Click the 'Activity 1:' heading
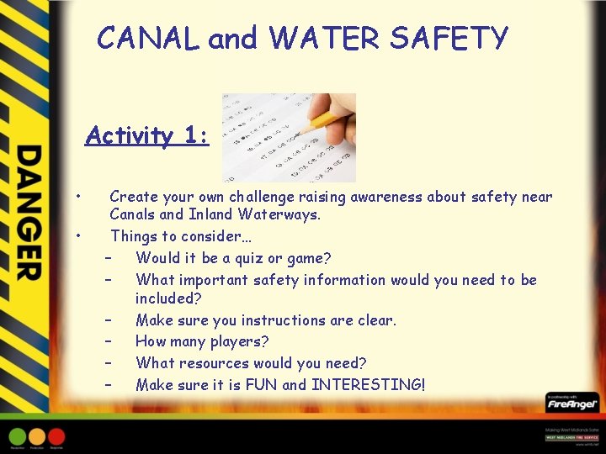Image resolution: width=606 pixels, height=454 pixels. pos(147,135)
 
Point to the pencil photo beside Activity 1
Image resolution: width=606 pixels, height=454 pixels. pos(288,137)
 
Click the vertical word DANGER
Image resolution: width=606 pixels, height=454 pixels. pos(28,213)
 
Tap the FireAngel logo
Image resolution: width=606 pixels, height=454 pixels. pos(571,404)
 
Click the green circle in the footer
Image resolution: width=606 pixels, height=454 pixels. pos(17,436)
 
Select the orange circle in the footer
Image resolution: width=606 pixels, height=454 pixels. pos(37,436)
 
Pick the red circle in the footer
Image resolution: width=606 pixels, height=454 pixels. pos(56,436)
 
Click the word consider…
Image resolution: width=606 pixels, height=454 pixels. pos(203,236)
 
